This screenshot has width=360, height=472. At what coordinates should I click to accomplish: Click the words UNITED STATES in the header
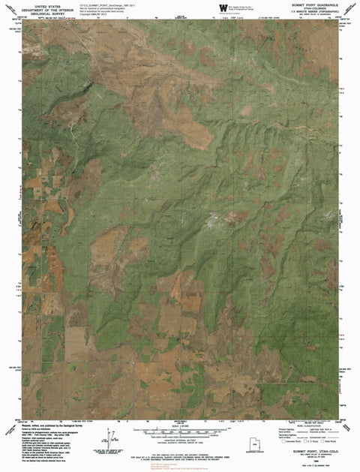(x=53, y=4)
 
